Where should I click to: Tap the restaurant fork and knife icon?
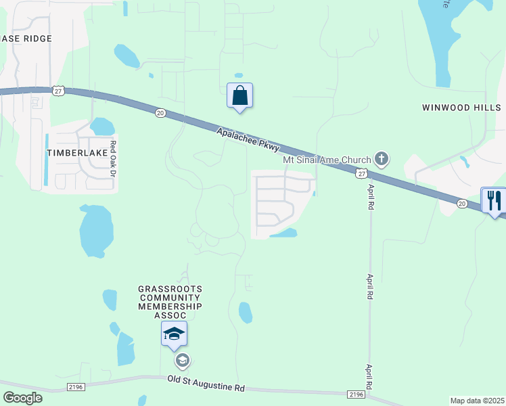tap(494, 200)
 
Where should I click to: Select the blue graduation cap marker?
tap(174, 333)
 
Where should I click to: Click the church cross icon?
tap(382, 160)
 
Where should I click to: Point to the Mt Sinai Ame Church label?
tap(327, 160)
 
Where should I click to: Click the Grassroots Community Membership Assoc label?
tap(170, 302)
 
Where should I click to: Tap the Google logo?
tap(22, 397)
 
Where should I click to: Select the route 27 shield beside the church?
tap(362, 174)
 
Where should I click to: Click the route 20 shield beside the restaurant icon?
tap(461, 203)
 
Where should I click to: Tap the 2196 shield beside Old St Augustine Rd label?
tap(356, 394)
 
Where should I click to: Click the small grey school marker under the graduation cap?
tap(181, 360)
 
